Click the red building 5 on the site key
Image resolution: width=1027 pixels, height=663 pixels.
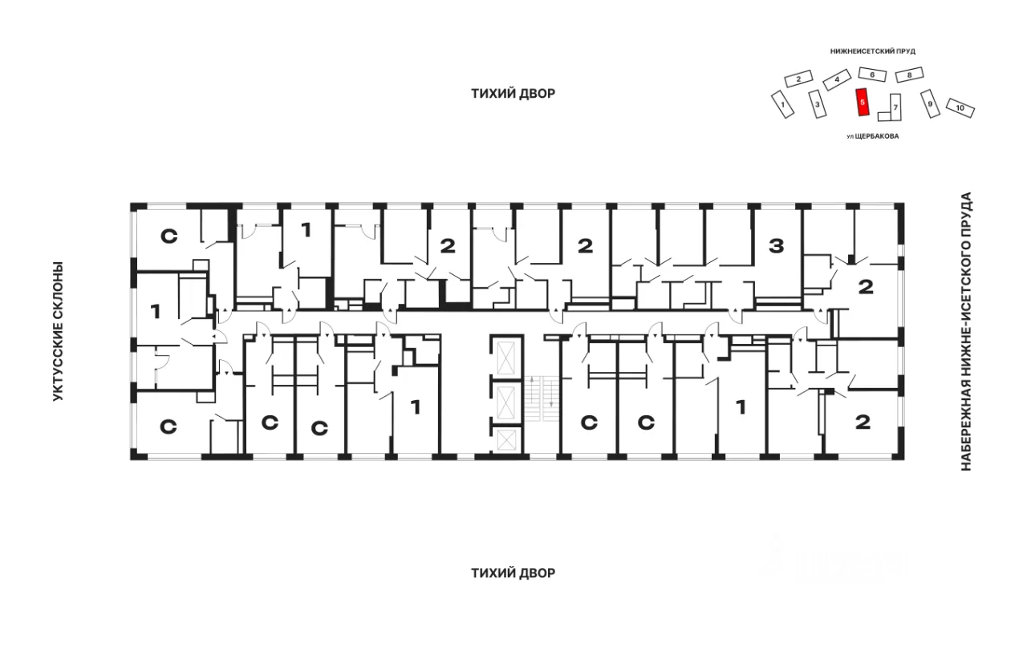click(863, 102)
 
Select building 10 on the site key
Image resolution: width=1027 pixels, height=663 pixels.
click(960, 108)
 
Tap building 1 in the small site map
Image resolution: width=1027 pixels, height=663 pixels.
click(782, 104)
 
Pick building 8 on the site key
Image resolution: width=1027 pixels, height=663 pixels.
click(909, 75)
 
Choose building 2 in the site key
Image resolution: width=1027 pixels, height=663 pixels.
click(798, 79)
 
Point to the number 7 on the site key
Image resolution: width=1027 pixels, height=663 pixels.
click(895, 107)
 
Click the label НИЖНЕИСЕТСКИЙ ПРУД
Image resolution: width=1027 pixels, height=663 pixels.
click(872, 51)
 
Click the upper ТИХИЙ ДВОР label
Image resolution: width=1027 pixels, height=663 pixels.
click(513, 94)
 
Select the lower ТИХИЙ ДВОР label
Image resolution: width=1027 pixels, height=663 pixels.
click(513, 573)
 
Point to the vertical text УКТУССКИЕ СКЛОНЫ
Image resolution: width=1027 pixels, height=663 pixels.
click(58, 331)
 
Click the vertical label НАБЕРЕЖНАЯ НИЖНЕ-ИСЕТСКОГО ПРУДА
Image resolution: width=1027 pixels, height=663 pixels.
click(966, 331)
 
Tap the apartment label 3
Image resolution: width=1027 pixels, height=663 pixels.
click(776, 246)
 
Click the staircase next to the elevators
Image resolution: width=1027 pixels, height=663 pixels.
click(542, 398)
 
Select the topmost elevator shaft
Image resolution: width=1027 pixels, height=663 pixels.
click(506, 358)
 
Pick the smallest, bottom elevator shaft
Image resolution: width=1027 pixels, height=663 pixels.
click(506, 440)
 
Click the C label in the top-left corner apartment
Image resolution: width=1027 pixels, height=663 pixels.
click(168, 236)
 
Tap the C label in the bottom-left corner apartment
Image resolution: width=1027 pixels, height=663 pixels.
click(168, 427)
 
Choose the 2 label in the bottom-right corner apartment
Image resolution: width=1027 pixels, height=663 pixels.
click(863, 422)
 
